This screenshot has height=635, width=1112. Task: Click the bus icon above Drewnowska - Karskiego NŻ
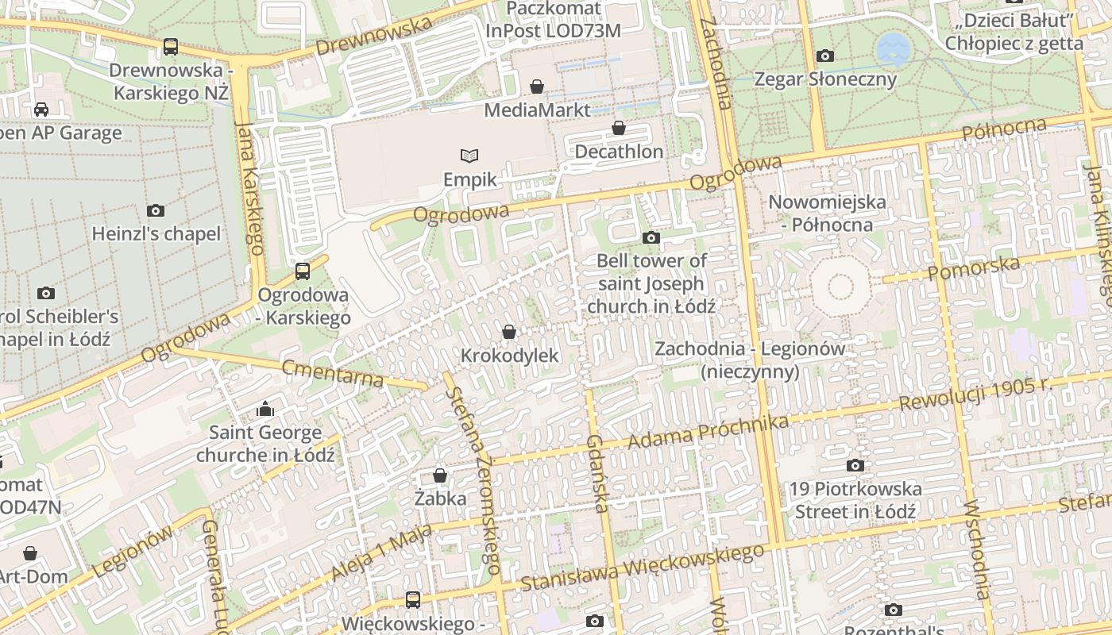point(171,47)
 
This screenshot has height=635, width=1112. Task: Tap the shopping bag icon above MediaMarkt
point(537,87)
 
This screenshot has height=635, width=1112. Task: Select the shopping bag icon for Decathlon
point(619,128)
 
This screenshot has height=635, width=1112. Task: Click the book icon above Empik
point(470,156)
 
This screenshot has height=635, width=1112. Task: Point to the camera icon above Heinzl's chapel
point(156,210)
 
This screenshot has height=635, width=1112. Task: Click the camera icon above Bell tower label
point(651,237)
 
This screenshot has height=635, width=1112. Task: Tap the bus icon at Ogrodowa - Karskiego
point(303,271)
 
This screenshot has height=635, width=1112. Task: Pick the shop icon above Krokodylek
point(509,331)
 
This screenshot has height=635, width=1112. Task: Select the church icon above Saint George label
point(265,410)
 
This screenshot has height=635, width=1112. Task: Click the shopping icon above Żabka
point(440,475)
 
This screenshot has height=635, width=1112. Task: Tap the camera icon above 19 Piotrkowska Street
point(855,465)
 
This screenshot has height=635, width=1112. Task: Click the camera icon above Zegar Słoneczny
point(825,56)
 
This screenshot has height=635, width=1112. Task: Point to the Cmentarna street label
point(333,372)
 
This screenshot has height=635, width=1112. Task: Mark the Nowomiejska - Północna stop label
point(827,213)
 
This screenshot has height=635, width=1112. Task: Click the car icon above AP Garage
point(41,109)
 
